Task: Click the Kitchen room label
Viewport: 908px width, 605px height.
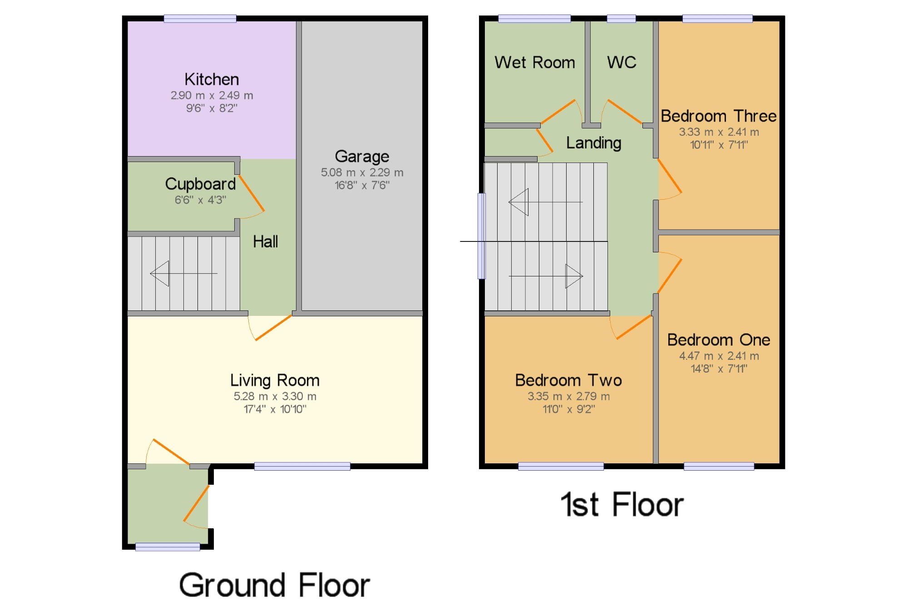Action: click(x=212, y=79)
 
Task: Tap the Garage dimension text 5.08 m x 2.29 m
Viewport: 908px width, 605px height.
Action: click(x=362, y=172)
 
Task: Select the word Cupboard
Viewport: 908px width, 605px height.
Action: click(x=200, y=184)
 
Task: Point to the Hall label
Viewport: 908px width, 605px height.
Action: click(x=265, y=241)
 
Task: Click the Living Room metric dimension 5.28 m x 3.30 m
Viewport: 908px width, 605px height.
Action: click(x=275, y=396)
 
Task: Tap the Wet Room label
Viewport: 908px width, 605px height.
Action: click(x=535, y=62)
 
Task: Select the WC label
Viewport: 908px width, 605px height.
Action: click(x=622, y=62)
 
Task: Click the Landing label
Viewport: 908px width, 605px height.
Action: click(x=593, y=143)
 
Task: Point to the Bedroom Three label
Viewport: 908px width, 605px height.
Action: click(x=719, y=116)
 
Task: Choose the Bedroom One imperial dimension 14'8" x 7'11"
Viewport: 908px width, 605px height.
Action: click(x=719, y=369)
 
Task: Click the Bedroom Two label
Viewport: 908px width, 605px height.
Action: click(x=568, y=380)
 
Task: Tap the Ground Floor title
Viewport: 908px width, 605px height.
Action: click(x=274, y=585)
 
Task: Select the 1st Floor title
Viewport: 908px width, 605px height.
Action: click(x=622, y=504)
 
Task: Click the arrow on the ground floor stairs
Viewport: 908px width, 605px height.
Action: click(x=183, y=273)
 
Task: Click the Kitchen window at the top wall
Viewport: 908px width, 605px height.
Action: click(x=200, y=19)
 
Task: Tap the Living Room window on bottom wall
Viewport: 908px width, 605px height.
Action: click(x=302, y=466)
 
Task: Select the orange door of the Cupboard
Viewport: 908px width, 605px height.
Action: click(x=252, y=193)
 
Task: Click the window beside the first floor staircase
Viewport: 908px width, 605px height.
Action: click(x=482, y=236)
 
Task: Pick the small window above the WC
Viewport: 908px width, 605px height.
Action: click(x=621, y=19)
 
